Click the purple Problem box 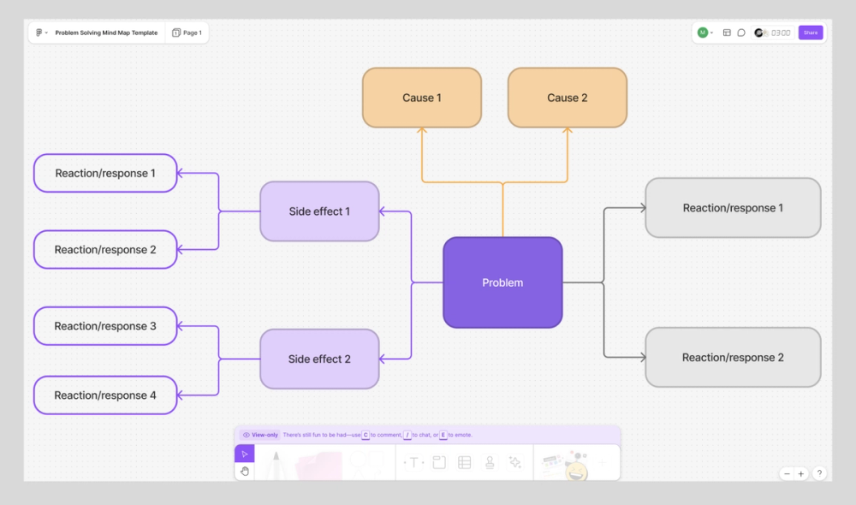point(502,282)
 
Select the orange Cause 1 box point(421,98)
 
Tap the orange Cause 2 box point(567,98)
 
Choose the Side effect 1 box point(319,211)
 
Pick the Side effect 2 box point(319,359)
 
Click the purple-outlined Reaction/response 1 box point(105,173)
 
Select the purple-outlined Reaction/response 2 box point(105,250)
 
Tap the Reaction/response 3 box point(105,326)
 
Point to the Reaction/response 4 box point(105,395)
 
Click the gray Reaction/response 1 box point(733,208)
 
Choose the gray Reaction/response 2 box point(733,358)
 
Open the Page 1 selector point(187,33)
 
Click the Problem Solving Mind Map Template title point(106,33)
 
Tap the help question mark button point(819,473)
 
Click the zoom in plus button point(801,473)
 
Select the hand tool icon point(245,471)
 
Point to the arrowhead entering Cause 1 point(422,131)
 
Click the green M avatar point(702,33)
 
